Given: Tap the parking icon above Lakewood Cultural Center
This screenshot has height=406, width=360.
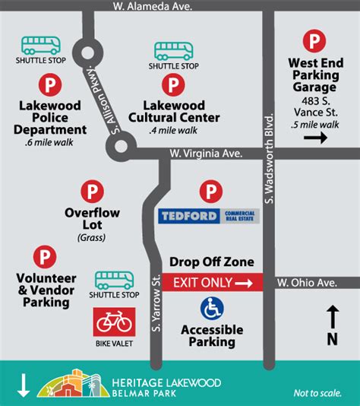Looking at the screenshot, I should tap(173, 83).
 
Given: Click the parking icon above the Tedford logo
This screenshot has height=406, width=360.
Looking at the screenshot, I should tap(207, 191).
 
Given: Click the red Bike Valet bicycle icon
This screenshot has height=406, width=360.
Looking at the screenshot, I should tap(114, 322).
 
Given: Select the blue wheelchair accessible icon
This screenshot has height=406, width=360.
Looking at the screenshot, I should tap(212, 309).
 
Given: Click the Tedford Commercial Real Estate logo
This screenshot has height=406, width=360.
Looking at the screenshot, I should tap(209, 216).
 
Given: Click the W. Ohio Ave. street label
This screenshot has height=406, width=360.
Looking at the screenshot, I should tap(306, 283).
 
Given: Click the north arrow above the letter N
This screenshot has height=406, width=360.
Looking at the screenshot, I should tap(332, 315).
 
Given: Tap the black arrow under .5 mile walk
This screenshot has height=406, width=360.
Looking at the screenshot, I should tap(314, 138).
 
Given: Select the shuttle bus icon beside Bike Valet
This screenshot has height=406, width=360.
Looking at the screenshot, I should tap(114, 279).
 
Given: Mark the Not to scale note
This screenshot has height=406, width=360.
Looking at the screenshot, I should tap(318, 393).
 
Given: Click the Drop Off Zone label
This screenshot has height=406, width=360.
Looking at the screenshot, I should tap(211, 262).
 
